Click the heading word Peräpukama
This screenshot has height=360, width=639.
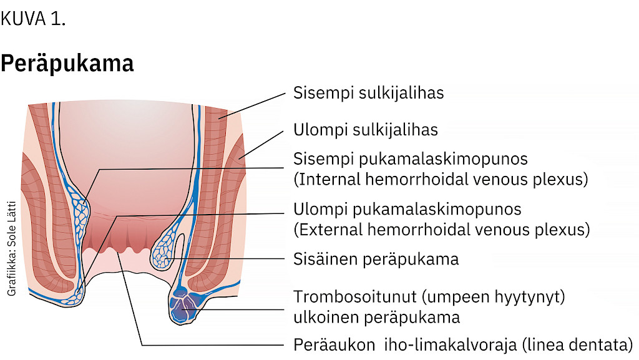[67, 64]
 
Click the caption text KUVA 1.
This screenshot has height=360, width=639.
[33, 19]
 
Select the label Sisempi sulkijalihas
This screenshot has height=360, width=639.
[368, 93]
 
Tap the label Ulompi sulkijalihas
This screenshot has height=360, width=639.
[365, 130]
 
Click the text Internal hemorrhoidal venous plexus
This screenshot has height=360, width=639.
[441, 180]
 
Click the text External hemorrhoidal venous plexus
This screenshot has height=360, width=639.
[441, 230]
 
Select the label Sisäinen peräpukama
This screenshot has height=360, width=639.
[376, 259]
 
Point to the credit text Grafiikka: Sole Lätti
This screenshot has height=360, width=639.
[12, 248]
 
